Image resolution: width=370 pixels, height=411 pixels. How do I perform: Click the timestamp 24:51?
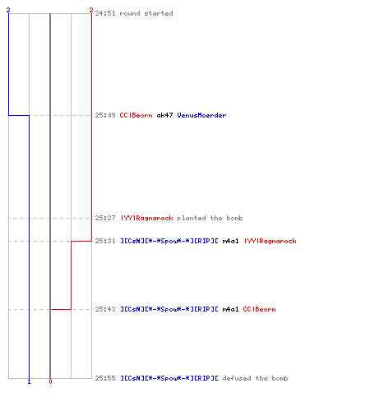(x=105, y=13)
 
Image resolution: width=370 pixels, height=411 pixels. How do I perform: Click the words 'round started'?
(x=146, y=13)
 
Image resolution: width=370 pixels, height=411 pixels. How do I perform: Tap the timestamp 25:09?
(x=105, y=115)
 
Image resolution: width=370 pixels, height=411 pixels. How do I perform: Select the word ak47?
(x=164, y=115)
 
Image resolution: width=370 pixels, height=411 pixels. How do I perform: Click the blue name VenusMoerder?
(x=201, y=115)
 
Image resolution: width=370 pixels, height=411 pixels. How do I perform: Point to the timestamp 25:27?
(x=105, y=218)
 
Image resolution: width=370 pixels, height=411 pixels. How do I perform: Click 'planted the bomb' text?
(x=210, y=218)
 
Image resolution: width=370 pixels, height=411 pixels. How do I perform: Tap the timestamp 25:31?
(x=105, y=241)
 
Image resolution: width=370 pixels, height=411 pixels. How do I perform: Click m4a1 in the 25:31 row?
(x=230, y=241)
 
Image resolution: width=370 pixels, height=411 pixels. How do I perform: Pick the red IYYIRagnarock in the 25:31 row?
(x=271, y=241)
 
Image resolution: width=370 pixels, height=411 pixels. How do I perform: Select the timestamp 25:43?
(x=105, y=309)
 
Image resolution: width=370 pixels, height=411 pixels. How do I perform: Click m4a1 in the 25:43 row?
(x=230, y=309)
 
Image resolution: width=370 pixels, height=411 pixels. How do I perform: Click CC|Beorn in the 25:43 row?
(x=259, y=309)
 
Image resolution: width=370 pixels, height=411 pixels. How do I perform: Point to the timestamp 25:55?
(x=105, y=378)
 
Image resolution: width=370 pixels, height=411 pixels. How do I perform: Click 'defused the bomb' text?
(x=255, y=378)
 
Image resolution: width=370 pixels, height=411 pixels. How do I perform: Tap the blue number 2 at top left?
(x=8, y=10)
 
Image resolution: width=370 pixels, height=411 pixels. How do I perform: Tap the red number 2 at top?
(x=91, y=10)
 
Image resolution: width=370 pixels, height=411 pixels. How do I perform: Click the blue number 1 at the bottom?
(x=29, y=381)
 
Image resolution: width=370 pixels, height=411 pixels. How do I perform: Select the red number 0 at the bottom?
(x=50, y=381)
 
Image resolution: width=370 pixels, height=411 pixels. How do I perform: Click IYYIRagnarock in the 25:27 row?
(x=147, y=218)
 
